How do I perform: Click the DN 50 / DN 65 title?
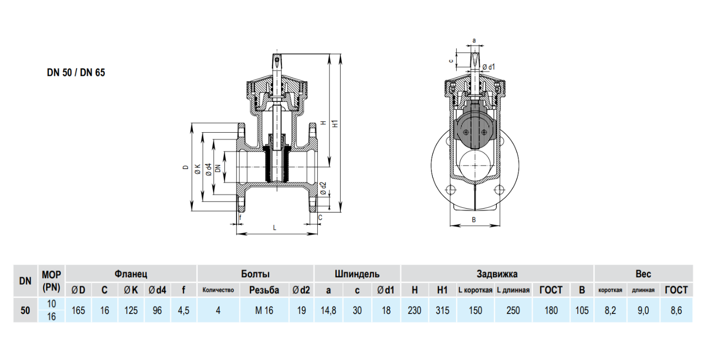click(x=76, y=73)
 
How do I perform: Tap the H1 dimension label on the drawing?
click(x=335, y=124)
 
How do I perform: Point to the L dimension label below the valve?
click(x=275, y=228)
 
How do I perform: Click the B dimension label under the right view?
click(x=474, y=220)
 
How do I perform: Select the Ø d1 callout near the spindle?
click(x=488, y=67)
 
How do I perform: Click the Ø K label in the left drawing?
click(x=197, y=169)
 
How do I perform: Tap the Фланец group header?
click(x=131, y=274)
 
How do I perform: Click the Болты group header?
click(x=255, y=274)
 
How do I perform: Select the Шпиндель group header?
click(x=357, y=274)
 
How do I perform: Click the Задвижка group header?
click(x=497, y=274)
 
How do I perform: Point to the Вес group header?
click(x=643, y=274)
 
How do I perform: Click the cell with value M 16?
click(x=264, y=310)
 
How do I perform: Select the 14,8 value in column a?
click(x=328, y=310)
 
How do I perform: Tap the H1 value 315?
click(x=442, y=310)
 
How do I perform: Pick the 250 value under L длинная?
click(x=513, y=310)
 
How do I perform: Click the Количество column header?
click(x=218, y=290)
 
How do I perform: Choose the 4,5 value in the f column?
click(x=183, y=310)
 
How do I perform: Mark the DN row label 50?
click(x=25, y=310)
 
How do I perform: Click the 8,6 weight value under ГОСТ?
click(x=676, y=310)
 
